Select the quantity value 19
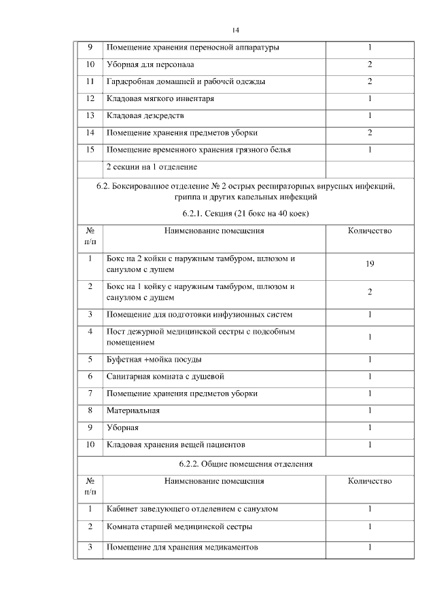[x=369, y=264]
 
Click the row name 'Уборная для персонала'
[x=150, y=65]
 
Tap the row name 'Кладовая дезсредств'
[x=146, y=115]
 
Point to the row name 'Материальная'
[x=133, y=410]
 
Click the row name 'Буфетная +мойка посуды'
[x=154, y=360]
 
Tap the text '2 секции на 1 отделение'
[x=152, y=166]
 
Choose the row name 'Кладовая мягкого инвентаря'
[x=160, y=98]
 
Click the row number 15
[x=90, y=149]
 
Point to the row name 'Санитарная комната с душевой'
[x=165, y=377]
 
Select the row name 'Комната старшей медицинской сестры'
[x=179, y=526]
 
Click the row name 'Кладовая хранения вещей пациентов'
[x=175, y=444]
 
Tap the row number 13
[x=90, y=115]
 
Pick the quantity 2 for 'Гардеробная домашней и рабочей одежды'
[x=369, y=81]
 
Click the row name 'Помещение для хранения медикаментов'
[x=182, y=547]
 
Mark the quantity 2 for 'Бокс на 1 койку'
[x=369, y=292]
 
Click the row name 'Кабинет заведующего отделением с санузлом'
[x=192, y=508]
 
